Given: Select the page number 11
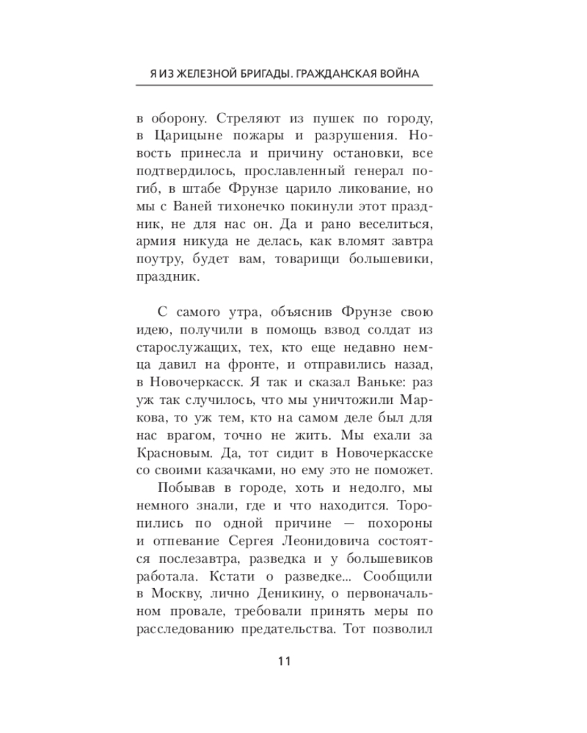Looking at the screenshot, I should point(285,661).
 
